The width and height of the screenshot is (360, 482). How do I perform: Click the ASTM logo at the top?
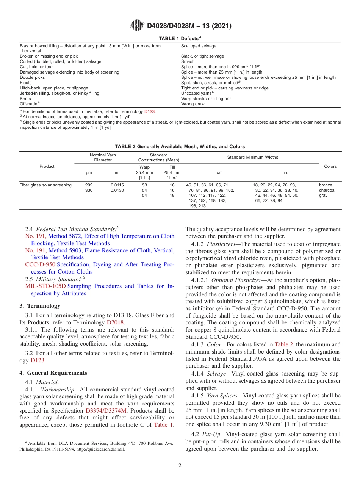click(137, 26)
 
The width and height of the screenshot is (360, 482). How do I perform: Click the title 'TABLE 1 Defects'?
click(180, 39)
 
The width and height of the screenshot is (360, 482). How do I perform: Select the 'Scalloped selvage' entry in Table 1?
click(199, 46)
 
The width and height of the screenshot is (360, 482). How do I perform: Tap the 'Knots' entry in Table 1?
click(25, 99)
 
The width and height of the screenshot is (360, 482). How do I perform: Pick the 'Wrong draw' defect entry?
click(193, 104)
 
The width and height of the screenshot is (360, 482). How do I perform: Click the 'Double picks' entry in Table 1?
click(32, 77)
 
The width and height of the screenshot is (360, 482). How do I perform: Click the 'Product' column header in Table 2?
click(47, 166)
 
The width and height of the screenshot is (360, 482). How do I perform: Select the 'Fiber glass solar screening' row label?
click(45, 185)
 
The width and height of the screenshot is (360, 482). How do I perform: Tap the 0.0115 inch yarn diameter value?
click(117, 185)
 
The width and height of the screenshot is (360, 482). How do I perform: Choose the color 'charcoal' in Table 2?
click(327, 190)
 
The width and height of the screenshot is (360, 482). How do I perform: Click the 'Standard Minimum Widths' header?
click(252, 157)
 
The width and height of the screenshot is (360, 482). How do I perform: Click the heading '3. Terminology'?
click(40, 305)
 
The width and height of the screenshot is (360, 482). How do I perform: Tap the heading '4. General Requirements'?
click(53, 373)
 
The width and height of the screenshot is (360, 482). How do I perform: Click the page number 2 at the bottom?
click(180, 466)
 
